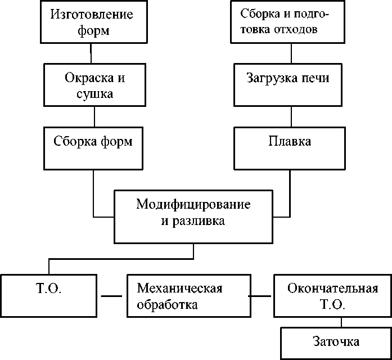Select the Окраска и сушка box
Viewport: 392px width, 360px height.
(x=94, y=85)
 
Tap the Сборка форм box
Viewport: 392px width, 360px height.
(x=94, y=148)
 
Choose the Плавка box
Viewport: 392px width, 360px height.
(x=290, y=147)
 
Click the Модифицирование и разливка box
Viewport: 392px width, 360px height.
(x=193, y=216)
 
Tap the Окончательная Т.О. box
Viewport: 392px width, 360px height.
(x=331, y=296)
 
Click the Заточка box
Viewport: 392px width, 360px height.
(x=336, y=341)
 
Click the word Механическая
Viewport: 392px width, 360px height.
(x=181, y=289)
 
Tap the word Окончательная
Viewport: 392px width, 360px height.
(x=332, y=289)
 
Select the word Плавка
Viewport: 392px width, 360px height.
(x=290, y=141)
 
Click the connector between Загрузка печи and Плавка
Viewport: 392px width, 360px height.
(x=291, y=116)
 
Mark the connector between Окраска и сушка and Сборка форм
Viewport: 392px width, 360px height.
(x=94, y=116)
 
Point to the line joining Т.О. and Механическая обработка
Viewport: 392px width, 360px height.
(x=111, y=296)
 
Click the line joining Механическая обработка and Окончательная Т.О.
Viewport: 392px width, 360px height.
(x=261, y=296)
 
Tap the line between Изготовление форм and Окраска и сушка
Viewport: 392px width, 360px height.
(x=91, y=52)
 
